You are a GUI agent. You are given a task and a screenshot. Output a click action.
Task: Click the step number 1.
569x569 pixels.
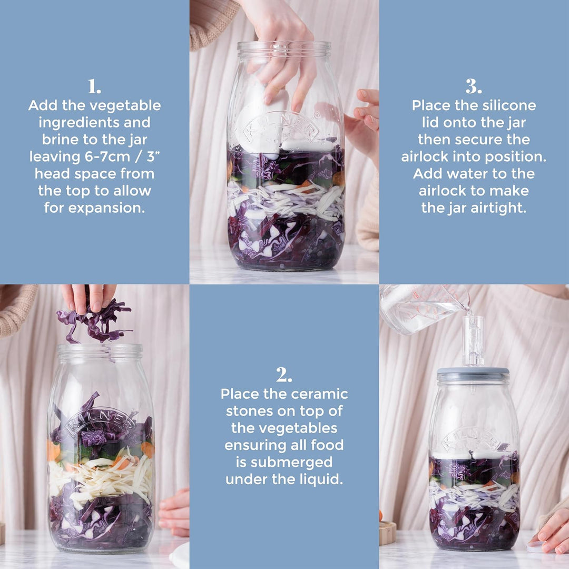[x=94, y=86]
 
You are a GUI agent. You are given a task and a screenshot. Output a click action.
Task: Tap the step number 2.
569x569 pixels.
[x=283, y=375]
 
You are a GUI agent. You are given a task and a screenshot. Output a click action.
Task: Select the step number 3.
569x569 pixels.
[x=474, y=86]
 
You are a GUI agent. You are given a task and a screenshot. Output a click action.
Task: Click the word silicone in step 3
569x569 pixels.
[x=506, y=105]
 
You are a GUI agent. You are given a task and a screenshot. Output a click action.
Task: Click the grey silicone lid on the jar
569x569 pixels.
[x=473, y=375]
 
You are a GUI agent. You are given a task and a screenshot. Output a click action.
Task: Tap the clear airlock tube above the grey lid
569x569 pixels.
[x=473, y=340]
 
